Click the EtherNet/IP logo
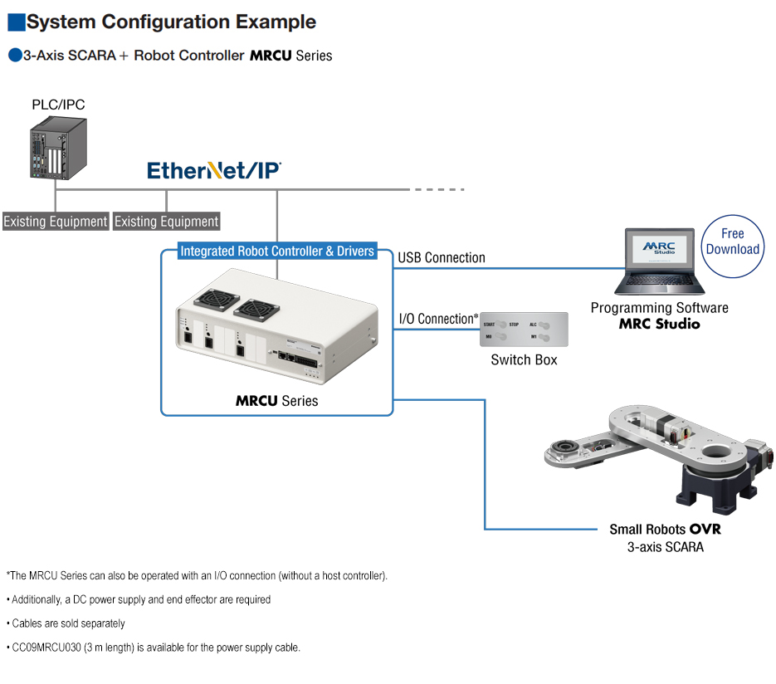[214, 171]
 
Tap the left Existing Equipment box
[56, 222]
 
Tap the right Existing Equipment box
[167, 222]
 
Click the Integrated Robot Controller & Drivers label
[277, 251]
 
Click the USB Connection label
[442, 258]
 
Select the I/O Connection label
[439, 319]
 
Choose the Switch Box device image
[525, 330]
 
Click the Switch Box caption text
[525, 360]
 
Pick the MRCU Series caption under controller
[276, 401]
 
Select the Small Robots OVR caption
[666, 530]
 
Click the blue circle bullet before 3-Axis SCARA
[14, 56]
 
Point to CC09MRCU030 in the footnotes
[46, 647]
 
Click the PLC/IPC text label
[58, 105]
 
